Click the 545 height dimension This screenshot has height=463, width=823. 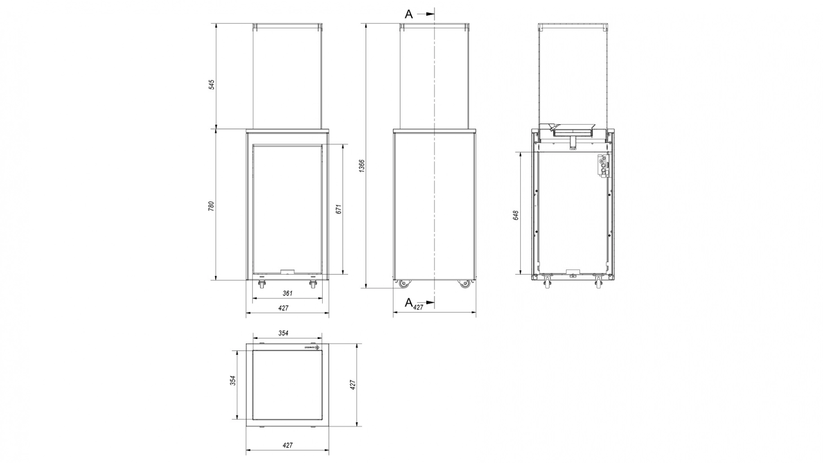coord(212,85)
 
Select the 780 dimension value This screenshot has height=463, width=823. coord(212,206)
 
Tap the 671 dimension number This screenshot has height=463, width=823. coord(339,209)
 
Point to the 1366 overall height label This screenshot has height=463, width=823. coord(362,165)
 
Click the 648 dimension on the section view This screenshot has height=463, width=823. coord(516,215)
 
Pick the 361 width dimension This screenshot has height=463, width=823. coord(288,294)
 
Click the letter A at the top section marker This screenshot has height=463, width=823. coord(408,14)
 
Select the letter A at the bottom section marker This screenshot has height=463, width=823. coord(408,303)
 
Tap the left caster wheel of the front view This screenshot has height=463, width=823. coord(261,284)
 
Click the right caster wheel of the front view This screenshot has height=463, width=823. coord(313,284)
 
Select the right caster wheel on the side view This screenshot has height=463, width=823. coord(464,284)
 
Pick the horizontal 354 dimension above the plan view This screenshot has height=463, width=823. coord(283,333)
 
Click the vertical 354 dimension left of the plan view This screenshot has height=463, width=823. coord(232,381)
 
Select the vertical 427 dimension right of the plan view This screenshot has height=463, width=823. coord(353,384)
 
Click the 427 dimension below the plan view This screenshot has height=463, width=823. coord(288,445)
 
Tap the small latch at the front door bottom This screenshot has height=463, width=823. coord(286,272)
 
